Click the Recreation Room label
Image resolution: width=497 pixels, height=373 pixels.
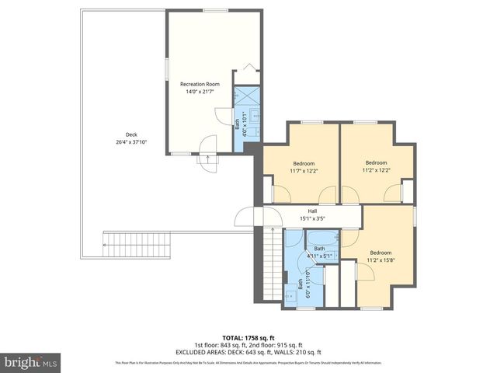pos(200,84)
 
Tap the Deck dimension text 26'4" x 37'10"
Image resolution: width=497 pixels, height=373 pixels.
pos(131,142)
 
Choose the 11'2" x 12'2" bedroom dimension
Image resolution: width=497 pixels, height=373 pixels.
pos(376,171)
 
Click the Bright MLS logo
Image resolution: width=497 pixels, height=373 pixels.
pos(31,362)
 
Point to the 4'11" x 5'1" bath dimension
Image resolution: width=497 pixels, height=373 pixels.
pos(319,256)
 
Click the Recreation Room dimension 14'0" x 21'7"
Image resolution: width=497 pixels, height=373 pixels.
pos(200,92)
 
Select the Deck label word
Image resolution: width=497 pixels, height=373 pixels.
pos(131,134)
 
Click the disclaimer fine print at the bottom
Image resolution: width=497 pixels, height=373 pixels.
pos(248,363)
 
